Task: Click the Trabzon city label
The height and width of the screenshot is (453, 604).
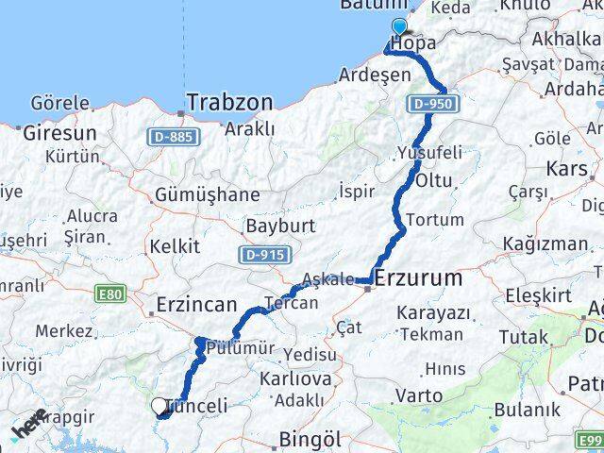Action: (229, 101)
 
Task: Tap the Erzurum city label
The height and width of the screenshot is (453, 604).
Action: (419, 278)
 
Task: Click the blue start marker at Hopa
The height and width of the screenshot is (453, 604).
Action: (399, 28)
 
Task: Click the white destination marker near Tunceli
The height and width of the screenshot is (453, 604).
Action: (159, 406)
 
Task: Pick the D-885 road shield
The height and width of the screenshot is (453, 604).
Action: (173, 138)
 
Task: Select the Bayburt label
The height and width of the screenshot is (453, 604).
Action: (273, 226)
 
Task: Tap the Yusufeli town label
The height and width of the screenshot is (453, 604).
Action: (429, 152)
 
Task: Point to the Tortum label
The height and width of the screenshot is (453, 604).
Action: (438, 220)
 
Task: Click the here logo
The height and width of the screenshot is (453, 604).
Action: (28, 422)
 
